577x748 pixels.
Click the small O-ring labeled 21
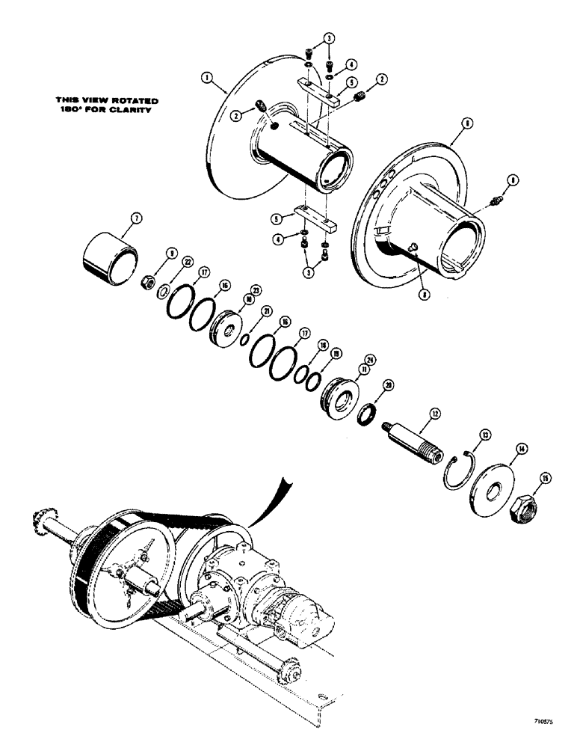[x=245, y=339]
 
